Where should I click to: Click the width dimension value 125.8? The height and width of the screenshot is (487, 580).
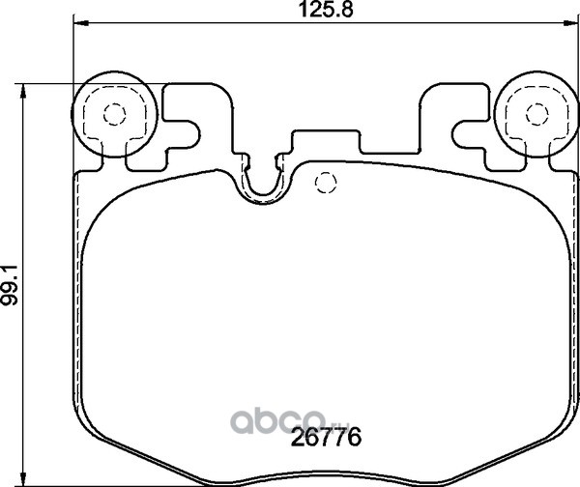coord(326,10)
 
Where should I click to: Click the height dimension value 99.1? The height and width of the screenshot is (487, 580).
coord(9,285)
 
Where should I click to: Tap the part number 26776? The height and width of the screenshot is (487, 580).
coord(326,438)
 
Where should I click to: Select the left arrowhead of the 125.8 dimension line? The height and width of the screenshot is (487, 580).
coord(81,23)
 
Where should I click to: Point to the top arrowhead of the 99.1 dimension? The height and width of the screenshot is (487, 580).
coord(23,92)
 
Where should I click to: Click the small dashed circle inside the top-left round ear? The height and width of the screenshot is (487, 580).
coord(115,114)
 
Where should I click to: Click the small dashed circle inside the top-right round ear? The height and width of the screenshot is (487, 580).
coord(537,114)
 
